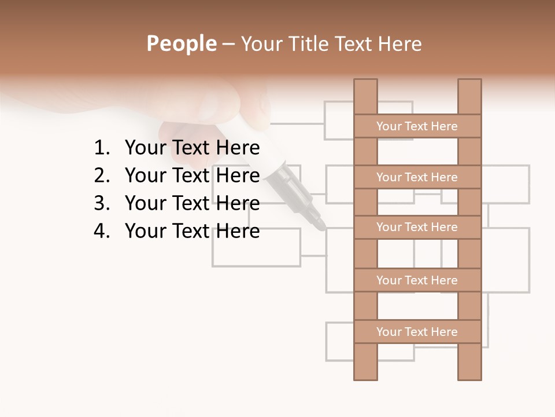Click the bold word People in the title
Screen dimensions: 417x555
(x=181, y=43)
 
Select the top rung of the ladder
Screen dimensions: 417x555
(x=417, y=126)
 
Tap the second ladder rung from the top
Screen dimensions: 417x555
(x=417, y=177)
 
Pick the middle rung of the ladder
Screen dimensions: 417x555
(x=417, y=227)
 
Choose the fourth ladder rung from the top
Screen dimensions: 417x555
(x=417, y=280)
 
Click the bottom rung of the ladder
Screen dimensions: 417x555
(x=417, y=331)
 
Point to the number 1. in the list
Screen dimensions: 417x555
(x=102, y=148)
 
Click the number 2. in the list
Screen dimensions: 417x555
(x=102, y=175)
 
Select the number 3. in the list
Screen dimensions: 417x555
(x=102, y=203)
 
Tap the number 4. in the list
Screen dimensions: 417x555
(x=102, y=231)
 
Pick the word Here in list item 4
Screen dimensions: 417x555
(x=238, y=231)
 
